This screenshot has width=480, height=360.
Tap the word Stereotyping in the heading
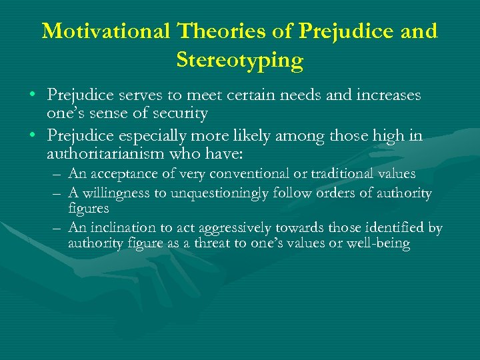point(240,61)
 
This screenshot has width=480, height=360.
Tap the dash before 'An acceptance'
point(55,175)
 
